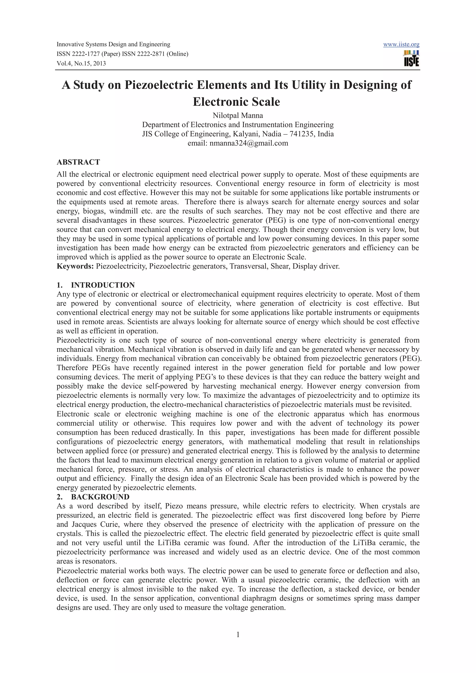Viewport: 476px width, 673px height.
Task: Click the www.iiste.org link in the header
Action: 401,45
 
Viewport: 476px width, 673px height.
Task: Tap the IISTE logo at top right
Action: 411,59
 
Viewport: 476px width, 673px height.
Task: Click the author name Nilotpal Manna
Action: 238,115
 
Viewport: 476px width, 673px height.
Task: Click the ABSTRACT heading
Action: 78,162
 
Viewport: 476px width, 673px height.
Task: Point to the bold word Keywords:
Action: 75,266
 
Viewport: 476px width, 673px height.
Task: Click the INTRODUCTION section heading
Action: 103,285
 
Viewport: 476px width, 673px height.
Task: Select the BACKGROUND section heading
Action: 100,497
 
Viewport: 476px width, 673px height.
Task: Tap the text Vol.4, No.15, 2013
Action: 81,64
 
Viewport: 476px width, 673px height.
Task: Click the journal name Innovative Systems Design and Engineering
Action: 113,45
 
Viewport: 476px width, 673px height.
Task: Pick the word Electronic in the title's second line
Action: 217,102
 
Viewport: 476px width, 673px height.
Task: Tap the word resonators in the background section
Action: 100,561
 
